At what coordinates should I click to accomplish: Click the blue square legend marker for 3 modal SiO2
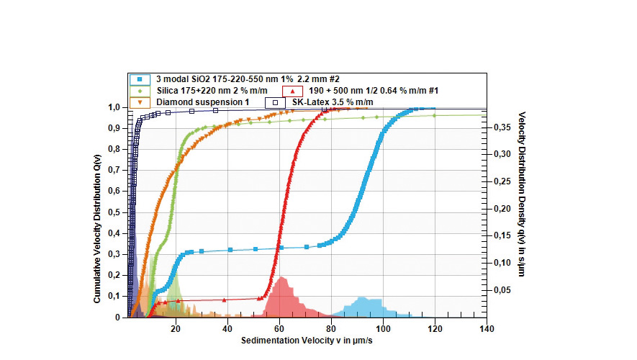tap(140, 78)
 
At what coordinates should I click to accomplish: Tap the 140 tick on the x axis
tap(487, 328)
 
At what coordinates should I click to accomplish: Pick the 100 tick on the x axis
tap(383, 328)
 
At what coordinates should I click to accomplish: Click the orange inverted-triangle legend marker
tap(140, 102)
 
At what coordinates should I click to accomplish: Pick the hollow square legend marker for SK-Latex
tap(274, 102)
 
